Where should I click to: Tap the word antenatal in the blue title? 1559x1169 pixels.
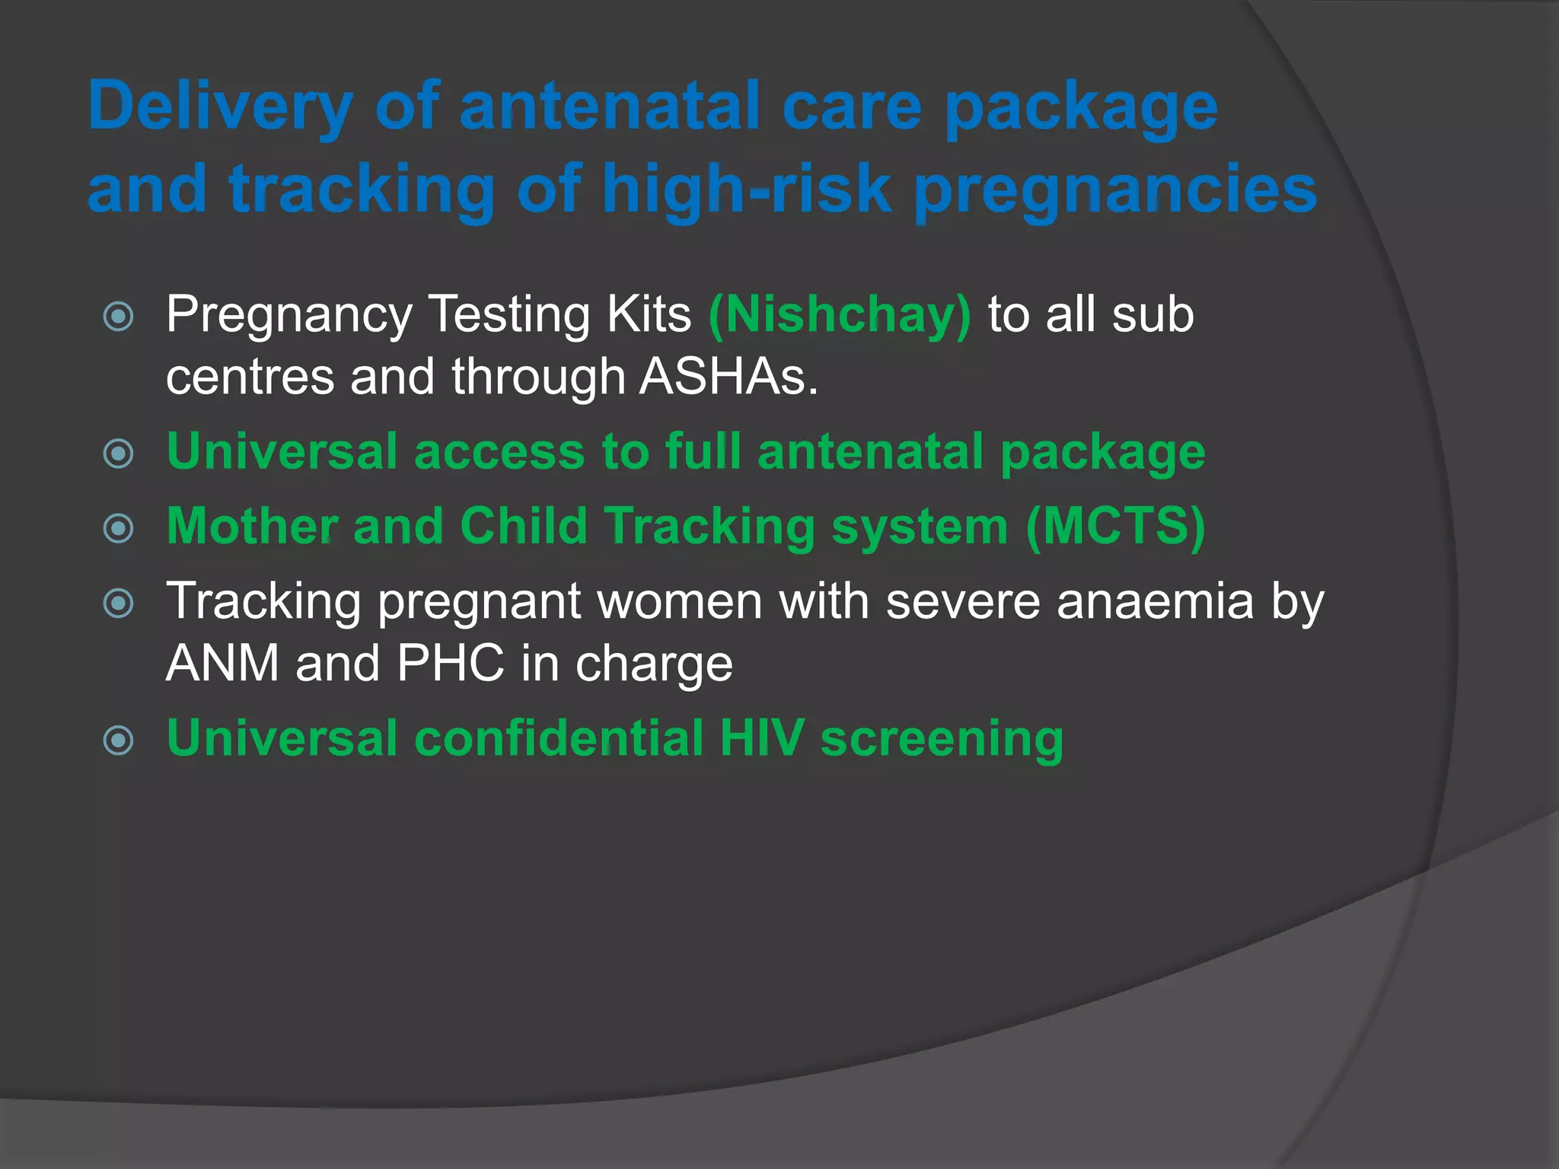pos(610,107)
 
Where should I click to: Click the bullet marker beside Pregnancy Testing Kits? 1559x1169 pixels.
pos(119,317)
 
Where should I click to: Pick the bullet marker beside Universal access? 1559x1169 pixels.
pos(119,454)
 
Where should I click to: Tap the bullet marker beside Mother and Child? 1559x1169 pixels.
pos(119,528)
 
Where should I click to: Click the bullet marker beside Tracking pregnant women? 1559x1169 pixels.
pos(119,604)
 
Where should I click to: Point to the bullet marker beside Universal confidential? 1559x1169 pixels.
pos(119,740)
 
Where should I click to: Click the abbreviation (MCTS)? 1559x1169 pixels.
pos(1115,526)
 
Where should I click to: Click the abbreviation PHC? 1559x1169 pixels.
pos(450,663)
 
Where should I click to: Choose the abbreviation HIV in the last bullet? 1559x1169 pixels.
pos(761,737)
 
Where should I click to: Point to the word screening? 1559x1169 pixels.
pos(942,739)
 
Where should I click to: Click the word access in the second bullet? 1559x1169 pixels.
pos(499,451)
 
